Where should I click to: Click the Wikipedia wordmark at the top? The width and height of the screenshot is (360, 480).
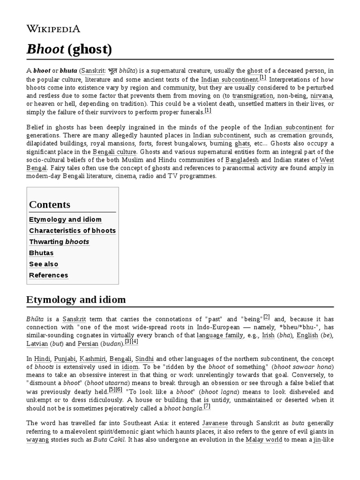53,29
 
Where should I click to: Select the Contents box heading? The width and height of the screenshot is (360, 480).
50,204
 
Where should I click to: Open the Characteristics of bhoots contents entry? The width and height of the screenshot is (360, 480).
72,231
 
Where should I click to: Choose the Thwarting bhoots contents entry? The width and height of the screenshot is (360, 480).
59,242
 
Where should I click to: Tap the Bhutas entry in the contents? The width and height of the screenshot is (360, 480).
41,253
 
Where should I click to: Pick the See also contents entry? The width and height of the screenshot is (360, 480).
44,264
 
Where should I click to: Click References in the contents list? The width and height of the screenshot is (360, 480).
48,275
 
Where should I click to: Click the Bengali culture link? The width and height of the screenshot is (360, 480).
115,152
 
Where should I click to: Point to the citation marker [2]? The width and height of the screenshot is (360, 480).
266,316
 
